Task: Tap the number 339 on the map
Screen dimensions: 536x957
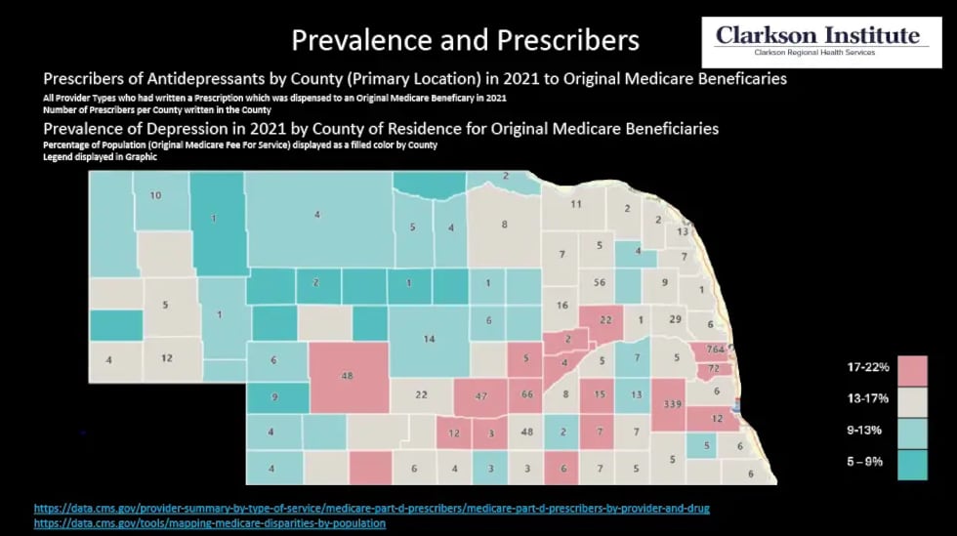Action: click(x=672, y=404)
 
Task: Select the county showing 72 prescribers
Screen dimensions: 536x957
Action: click(x=714, y=369)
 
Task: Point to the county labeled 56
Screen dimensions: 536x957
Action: click(x=600, y=282)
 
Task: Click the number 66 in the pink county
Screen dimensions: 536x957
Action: click(x=527, y=394)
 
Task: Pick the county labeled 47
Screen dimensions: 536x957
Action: click(x=480, y=397)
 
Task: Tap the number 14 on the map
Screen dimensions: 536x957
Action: click(x=429, y=339)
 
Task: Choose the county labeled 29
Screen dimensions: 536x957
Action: click(x=675, y=319)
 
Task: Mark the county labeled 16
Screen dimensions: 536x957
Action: click(x=562, y=306)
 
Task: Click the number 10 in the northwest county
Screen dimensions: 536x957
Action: click(x=155, y=195)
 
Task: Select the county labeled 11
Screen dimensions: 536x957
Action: click(x=575, y=204)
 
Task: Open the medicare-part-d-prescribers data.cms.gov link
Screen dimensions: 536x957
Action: click(x=371, y=509)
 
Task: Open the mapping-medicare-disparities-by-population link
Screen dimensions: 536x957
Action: click(x=210, y=523)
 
